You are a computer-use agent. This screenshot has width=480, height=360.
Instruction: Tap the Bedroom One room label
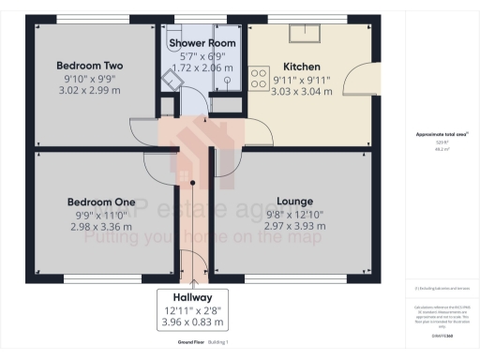(x=100, y=202)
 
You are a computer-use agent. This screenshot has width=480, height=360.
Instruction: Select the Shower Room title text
(x=202, y=43)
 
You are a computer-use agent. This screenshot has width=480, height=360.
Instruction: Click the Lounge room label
(x=294, y=202)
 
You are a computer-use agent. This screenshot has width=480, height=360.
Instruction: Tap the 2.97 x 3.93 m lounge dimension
(x=294, y=229)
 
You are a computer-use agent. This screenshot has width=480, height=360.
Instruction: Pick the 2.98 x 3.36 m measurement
(x=100, y=229)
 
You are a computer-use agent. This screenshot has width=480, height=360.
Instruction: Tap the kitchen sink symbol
(x=306, y=35)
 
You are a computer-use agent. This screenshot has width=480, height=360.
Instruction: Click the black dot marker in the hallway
(x=192, y=184)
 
